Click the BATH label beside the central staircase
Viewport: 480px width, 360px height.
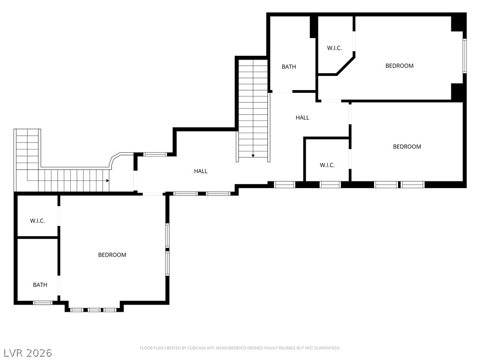[x=289, y=67]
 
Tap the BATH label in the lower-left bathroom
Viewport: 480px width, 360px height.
[x=40, y=285]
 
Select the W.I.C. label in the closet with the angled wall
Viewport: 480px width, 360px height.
[x=334, y=48]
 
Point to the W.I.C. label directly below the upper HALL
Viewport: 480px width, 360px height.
[x=327, y=165]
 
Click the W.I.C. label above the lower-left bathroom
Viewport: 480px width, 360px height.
[x=37, y=220]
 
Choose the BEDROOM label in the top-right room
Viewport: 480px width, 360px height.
[x=399, y=66]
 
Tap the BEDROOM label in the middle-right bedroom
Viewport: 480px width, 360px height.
[x=407, y=147]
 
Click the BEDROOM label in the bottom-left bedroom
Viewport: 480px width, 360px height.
[x=112, y=255]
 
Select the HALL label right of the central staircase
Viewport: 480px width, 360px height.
[x=302, y=118]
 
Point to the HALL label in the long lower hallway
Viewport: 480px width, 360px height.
[x=201, y=172]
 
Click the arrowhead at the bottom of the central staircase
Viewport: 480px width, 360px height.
[x=253, y=156]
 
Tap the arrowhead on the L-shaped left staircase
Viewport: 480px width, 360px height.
[x=107, y=180]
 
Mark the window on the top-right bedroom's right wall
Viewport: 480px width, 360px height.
[x=465, y=56]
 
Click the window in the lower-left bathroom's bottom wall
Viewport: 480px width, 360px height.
[x=43, y=303]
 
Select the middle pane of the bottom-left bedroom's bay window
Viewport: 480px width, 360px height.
[x=94, y=310]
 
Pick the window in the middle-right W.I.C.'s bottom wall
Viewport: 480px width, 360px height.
[x=330, y=185]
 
